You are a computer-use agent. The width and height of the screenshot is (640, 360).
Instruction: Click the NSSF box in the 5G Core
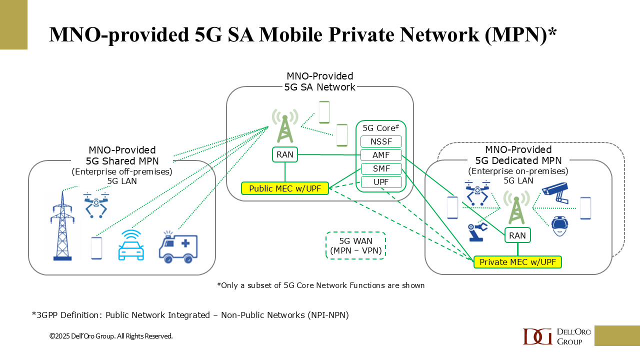(381, 141)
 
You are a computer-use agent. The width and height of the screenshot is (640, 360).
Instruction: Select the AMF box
(381, 155)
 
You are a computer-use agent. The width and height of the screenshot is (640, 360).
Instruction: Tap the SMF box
(381, 168)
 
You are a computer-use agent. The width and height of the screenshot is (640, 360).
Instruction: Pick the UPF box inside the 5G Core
(381, 182)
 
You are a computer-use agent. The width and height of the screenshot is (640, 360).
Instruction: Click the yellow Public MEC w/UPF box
(284, 188)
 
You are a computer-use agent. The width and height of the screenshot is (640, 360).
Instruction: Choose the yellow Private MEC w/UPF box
(517, 262)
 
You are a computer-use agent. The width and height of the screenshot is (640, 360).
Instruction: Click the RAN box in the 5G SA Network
(285, 155)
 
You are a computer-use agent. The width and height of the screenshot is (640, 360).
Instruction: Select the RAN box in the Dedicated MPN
(517, 235)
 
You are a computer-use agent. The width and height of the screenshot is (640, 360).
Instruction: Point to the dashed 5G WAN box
(355, 245)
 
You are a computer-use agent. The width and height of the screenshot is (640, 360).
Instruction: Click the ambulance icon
(178, 247)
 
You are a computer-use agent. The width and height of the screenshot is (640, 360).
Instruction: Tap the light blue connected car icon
(131, 245)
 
